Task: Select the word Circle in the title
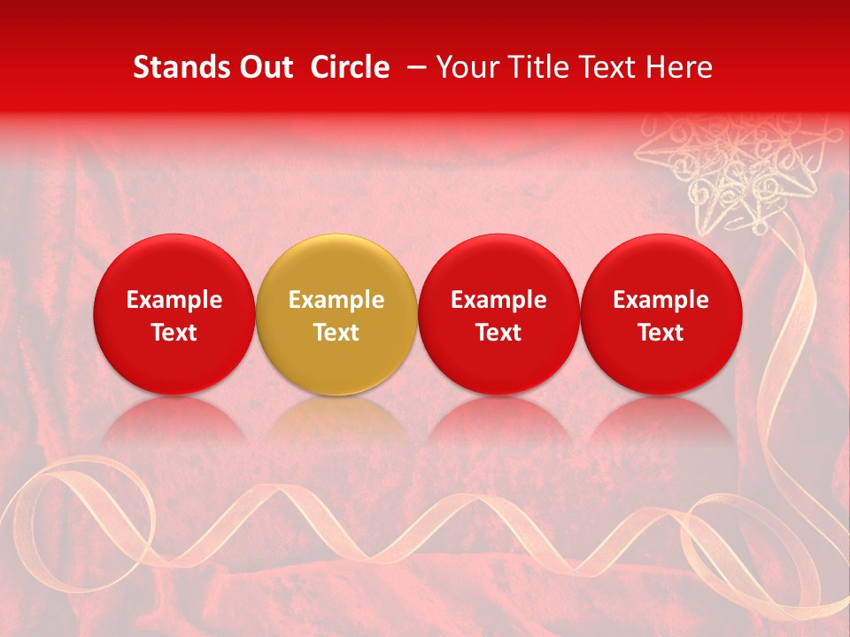tap(345, 67)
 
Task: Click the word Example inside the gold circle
tap(336, 300)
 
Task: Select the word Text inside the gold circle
tap(336, 333)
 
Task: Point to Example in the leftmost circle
tap(174, 300)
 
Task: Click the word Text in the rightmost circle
tap(661, 333)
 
